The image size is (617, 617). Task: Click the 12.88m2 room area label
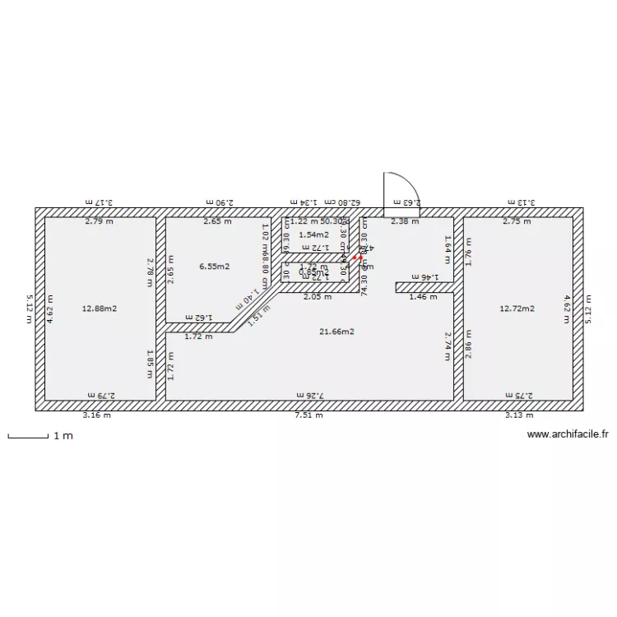100,308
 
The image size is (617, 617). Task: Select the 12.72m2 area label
517,308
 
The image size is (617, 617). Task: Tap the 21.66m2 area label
336,332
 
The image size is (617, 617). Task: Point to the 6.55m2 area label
214,267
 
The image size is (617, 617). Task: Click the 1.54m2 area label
313,234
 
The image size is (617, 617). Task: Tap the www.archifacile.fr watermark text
567,434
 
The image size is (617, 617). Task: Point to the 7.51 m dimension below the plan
309,415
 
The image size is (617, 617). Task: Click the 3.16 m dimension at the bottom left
96,415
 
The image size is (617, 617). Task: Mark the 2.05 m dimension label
317,296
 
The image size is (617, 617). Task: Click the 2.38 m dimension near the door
404,221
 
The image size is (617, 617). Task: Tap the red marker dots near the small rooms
358,257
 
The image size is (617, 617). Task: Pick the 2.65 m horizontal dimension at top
217,221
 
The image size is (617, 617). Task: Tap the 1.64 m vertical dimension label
448,244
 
